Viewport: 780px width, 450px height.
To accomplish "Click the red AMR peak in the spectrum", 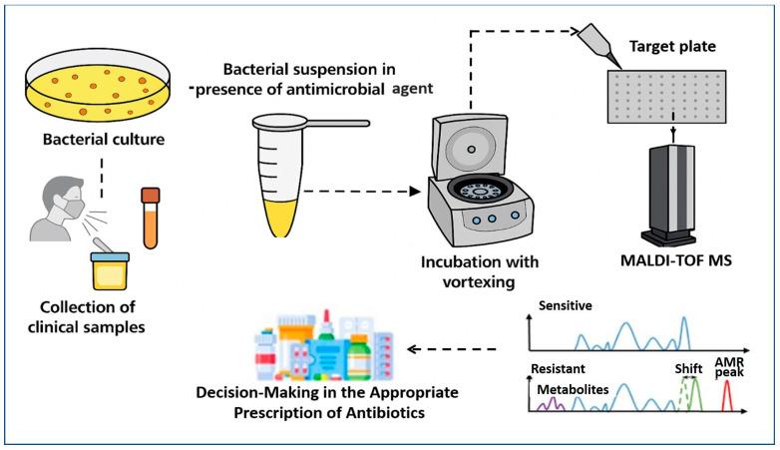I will (729, 397).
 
